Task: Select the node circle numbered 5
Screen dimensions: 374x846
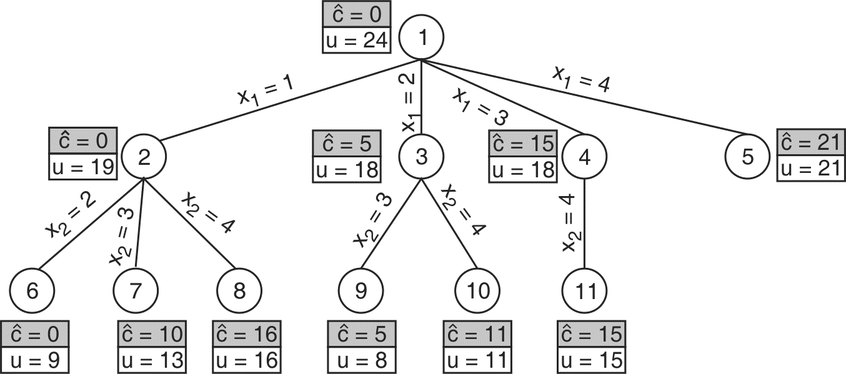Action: pyautogui.click(x=748, y=156)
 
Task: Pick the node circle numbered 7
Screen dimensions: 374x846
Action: pyautogui.click(x=136, y=290)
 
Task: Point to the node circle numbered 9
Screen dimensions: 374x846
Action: pyautogui.click(x=361, y=290)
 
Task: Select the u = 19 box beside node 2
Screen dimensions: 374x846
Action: pyautogui.click(x=82, y=167)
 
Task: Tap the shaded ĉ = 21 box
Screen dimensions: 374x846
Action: pyautogui.click(x=811, y=143)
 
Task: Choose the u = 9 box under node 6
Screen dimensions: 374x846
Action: pyautogui.click(x=34, y=360)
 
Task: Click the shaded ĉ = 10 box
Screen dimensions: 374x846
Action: pyautogui.click(x=151, y=334)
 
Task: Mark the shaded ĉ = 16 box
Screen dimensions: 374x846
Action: pyautogui.click(x=248, y=334)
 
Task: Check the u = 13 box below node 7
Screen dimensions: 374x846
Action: pyautogui.click(x=151, y=360)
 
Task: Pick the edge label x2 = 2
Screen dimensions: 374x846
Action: pyautogui.click(x=70, y=215)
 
